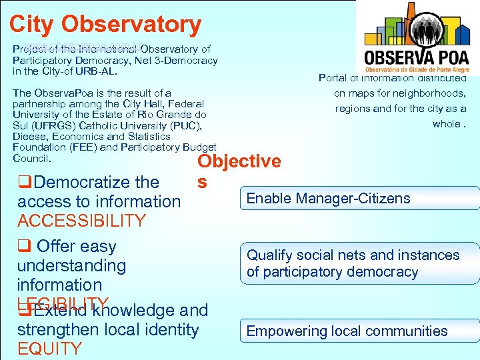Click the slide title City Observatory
(105, 24)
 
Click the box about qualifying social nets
(360, 263)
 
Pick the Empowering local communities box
(360, 331)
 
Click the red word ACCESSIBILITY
(81, 221)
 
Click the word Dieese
(27, 137)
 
